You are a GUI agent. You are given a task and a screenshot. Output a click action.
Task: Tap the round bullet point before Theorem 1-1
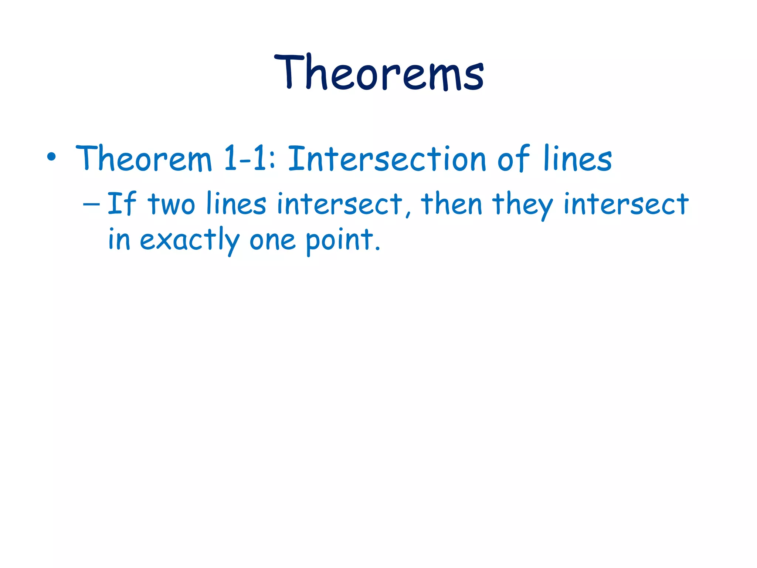(x=51, y=158)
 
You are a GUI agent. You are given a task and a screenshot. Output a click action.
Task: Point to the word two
(x=171, y=204)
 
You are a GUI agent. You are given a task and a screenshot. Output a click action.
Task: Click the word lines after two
(x=236, y=204)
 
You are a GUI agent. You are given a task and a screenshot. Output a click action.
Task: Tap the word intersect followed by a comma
(x=339, y=204)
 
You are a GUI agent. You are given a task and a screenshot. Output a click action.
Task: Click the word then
(x=452, y=204)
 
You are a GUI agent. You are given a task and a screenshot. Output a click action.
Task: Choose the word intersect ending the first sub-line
(x=626, y=204)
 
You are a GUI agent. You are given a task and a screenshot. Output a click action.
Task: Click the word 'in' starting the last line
(x=119, y=240)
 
